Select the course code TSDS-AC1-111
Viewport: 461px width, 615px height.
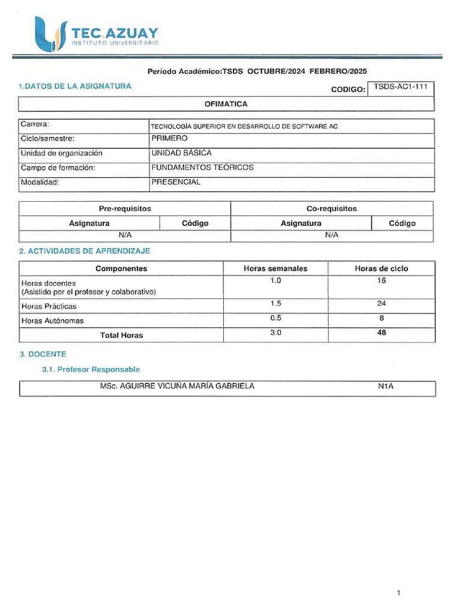coord(400,86)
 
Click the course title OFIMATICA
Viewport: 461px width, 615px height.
coord(226,104)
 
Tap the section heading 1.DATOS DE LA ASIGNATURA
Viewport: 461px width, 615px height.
coord(75,86)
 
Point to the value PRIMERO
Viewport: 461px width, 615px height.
coord(169,139)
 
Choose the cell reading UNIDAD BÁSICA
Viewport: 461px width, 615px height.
coord(181,153)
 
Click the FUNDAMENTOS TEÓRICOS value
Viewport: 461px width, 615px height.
coord(202,168)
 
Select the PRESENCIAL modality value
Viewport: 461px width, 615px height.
coord(176,182)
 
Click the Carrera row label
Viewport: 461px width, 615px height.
coord(34,125)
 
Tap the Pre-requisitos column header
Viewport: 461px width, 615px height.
coord(125,208)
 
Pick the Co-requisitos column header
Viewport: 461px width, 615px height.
coord(331,208)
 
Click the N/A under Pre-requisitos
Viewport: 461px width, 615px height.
coord(125,235)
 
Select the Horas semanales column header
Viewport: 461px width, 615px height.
coord(275,268)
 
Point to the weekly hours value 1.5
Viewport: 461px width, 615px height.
coord(276,303)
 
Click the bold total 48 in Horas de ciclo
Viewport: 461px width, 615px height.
coord(381,333)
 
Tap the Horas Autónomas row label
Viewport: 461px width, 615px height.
coord(52,321)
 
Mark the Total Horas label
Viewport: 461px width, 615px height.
coord(121,335)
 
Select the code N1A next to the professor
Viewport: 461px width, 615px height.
coord(385,386)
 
